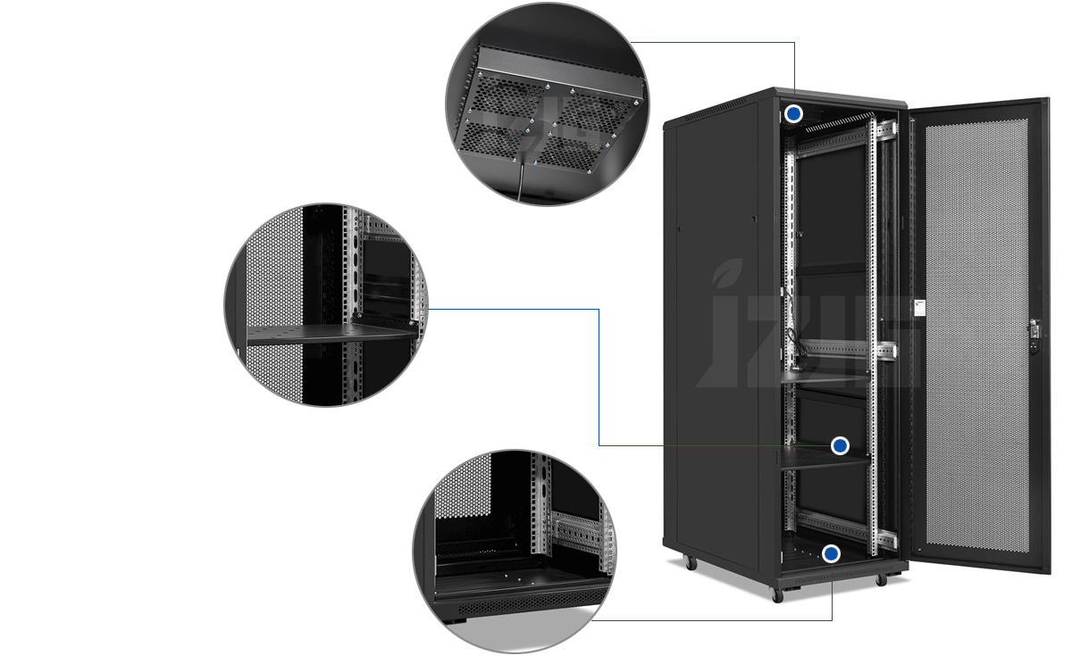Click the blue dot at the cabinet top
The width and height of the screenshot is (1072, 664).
794,114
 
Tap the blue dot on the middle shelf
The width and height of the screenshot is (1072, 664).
840,445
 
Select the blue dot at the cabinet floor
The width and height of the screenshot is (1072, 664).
832,554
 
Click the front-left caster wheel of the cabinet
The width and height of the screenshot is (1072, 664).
776,595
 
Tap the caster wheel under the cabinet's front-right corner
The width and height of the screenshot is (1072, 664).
881,579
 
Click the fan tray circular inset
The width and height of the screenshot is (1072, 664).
548,104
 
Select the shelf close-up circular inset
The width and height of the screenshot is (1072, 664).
326,304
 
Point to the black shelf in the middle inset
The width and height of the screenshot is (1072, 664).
331,335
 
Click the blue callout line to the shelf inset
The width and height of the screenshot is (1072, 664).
599,375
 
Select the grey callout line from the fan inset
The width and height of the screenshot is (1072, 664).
715,42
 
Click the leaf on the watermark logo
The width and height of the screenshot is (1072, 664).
728,270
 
